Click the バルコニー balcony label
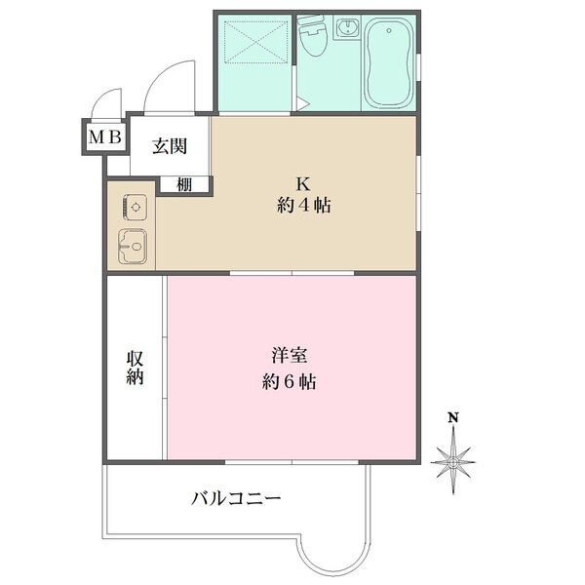[237, 499]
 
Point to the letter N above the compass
[453, 418]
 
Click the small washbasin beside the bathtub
[346, 29]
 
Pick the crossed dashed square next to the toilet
[253, 48]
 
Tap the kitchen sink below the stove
[132, 247]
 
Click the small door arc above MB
[104, 103]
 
